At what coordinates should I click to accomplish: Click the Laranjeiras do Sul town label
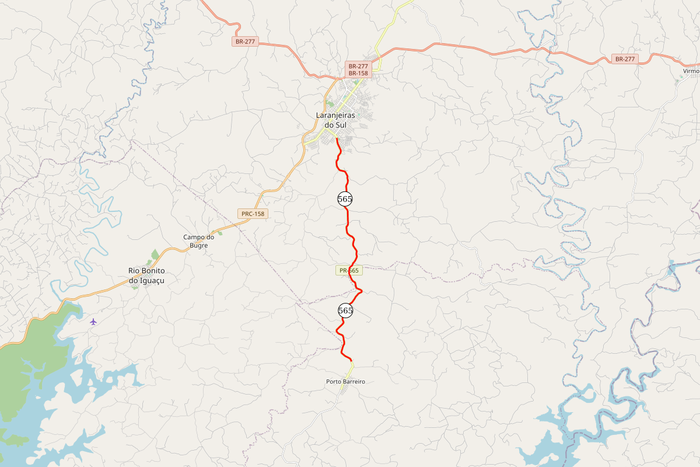pos(335,120)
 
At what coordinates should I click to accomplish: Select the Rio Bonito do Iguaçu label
pos(147,276)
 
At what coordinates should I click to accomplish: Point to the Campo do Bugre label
pos(199,241)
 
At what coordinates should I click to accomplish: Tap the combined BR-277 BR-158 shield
pos(358,69)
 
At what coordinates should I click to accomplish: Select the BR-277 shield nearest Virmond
pos(625,59)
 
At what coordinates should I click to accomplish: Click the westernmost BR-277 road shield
pos(245,41)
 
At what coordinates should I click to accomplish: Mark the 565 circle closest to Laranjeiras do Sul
pos(345,199)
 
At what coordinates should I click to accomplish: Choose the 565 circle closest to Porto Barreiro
pos(345,311)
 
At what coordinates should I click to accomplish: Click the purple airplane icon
pos(93,321)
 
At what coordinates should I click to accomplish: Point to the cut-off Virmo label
pos(691,71)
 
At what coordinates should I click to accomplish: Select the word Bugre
pos(199,246)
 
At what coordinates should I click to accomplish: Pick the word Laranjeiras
pos(335,116)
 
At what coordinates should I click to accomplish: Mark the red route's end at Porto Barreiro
pos(351,361)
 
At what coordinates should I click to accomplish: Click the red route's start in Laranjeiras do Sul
pos(337,138)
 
